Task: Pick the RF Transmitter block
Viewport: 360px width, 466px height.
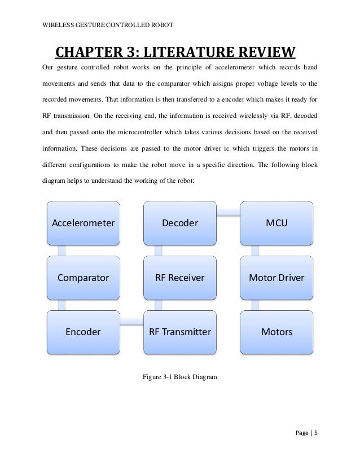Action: (x=179, y=332)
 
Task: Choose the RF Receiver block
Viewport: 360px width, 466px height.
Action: (x=179, y=278)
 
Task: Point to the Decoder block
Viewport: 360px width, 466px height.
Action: (x=179, y=223)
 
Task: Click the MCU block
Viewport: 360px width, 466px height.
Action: (x=276, y=223)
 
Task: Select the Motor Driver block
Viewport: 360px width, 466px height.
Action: (x=276, y=278)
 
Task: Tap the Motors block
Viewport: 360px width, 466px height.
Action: (x=276, y=332)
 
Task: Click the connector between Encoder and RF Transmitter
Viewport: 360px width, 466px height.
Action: (x=131, y=321)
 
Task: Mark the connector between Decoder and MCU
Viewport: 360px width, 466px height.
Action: (x=228, y=213)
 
